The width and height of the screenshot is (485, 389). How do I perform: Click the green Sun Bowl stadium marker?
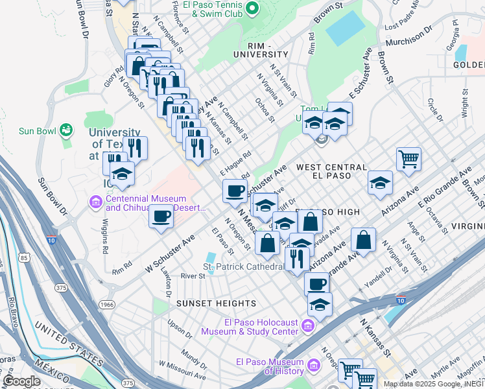point(65,130)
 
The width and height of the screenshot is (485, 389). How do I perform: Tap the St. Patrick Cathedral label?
point(244,266)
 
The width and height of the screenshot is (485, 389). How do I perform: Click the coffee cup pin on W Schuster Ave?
point(161,216)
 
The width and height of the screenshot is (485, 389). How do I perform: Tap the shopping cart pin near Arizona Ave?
point(408,158)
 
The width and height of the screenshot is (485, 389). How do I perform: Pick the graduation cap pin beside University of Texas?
point(121,174)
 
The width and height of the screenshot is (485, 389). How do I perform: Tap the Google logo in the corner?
point(21,381)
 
